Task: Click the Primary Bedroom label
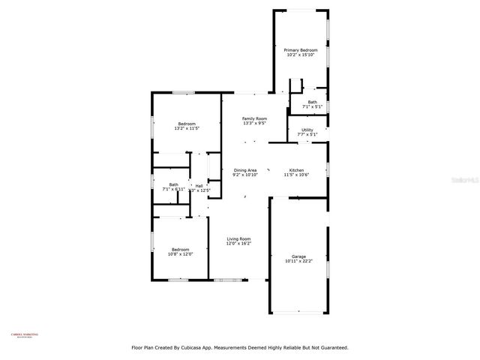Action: [x=300, y=49]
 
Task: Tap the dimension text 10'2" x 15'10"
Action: [x=300, y=55]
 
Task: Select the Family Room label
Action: [x=254, y=118]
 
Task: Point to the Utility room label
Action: [x=307, y=130]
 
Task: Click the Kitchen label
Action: [x=296, y=170]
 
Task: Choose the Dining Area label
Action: [x=245, y=170]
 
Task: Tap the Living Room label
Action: [x=239, y=238]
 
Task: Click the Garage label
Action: [x=298, y=256]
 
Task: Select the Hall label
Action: [x=199, y=185]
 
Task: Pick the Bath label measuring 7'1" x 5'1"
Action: [x=312, y=102]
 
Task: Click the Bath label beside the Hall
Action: [x=173, y=184]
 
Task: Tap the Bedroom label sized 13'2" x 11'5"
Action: [x=187, y=124]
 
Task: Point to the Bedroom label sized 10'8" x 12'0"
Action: [x=181, y=249]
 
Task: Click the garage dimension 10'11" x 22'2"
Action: [x=298, y=262]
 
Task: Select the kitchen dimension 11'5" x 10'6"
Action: [x=296, y=175]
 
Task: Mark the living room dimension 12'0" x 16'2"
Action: [x=239, y=244]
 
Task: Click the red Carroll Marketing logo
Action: [x=25, y=337]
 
